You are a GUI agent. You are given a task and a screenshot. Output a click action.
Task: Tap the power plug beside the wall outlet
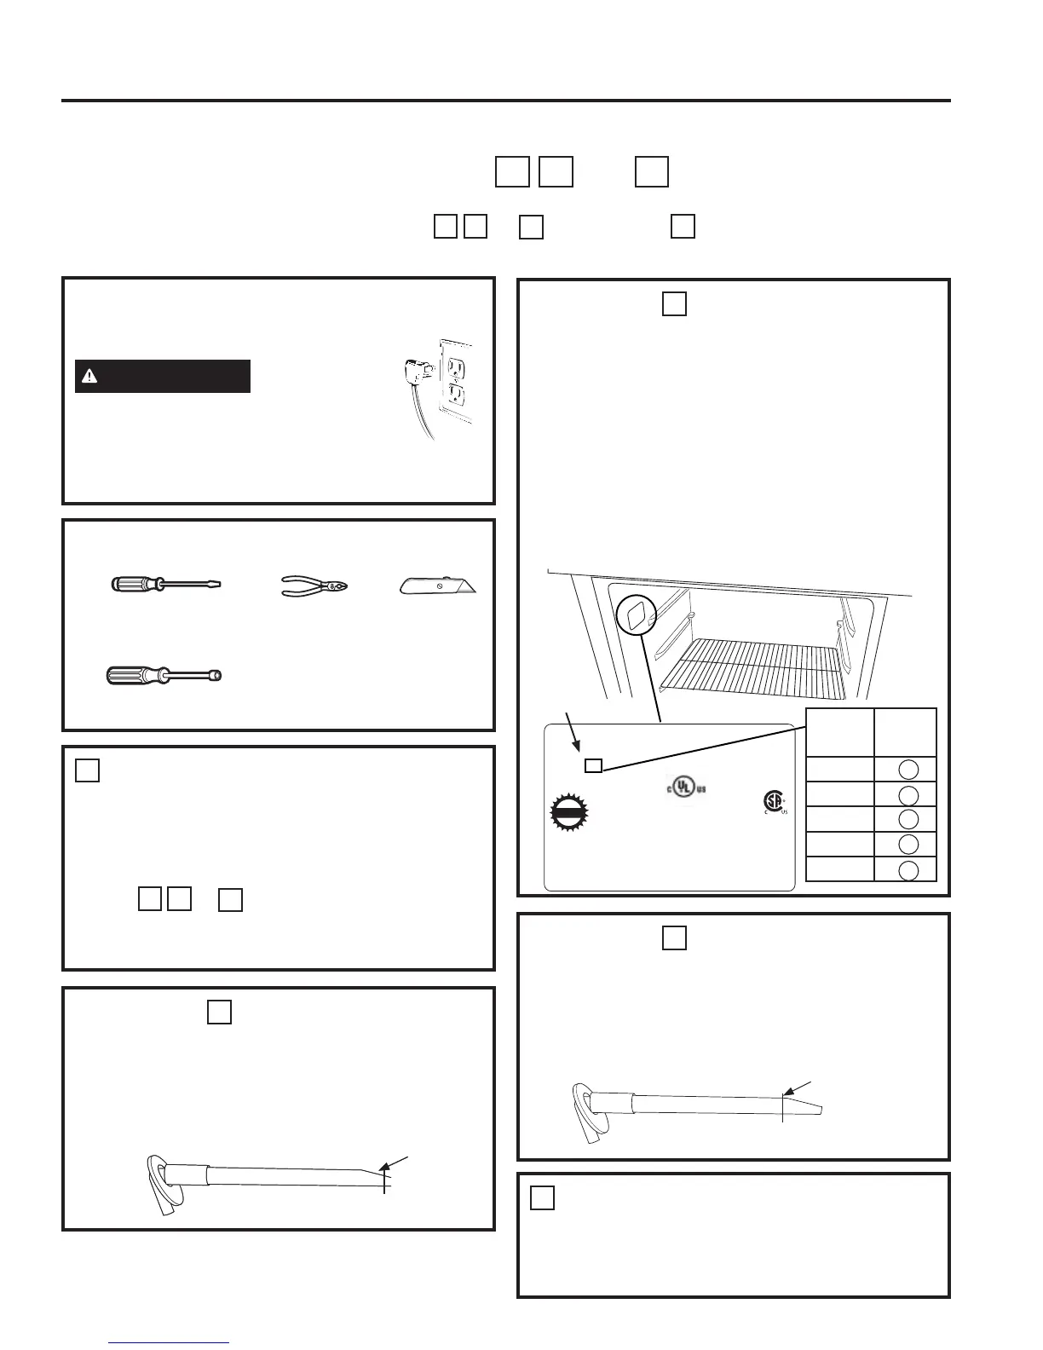[x=415, y=370]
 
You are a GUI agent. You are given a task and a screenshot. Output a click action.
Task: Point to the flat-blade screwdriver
[x=166, y=584]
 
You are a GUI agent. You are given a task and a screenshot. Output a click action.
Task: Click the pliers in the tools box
[x=315, y=586]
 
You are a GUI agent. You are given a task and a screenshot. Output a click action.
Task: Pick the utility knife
[x=437, y=586]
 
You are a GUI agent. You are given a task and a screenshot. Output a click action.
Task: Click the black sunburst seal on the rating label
[x=570, y=812]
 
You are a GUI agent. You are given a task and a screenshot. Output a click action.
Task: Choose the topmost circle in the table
[x=909, y=770]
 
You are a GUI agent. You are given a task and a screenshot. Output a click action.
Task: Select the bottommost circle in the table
[x=909, y=870]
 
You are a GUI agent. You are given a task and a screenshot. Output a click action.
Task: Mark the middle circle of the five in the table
[x=909, y=819]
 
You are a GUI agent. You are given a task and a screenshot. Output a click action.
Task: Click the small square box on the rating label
[x=593, y=765]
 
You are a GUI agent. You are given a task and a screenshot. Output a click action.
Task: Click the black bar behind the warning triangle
[x=163, y=376]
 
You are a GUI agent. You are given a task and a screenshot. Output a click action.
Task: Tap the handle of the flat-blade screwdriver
[x=136, y=584]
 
